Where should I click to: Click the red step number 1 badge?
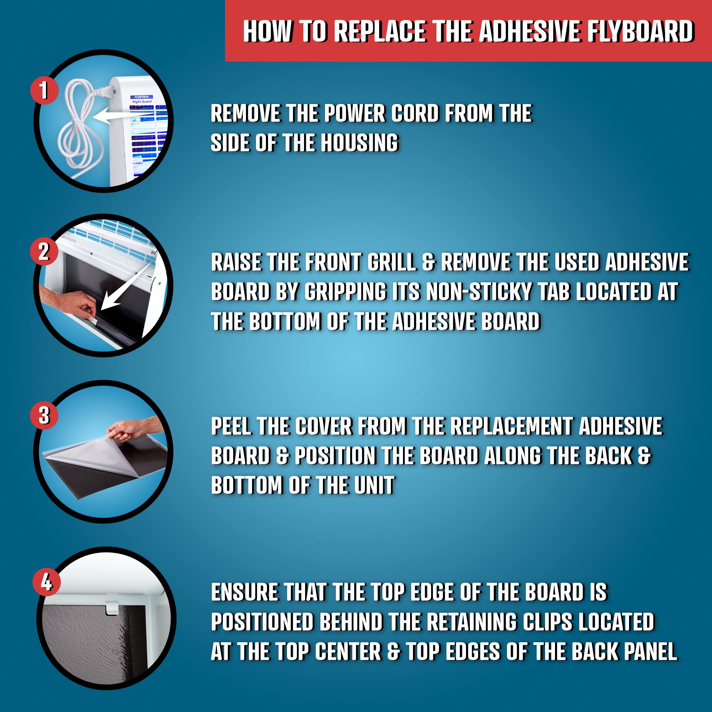pos(44,90)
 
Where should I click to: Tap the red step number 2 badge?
pos(44,252)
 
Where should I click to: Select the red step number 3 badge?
pos(44,415)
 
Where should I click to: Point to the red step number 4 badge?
pos(46,582)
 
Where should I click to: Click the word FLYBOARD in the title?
pos(640,31)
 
